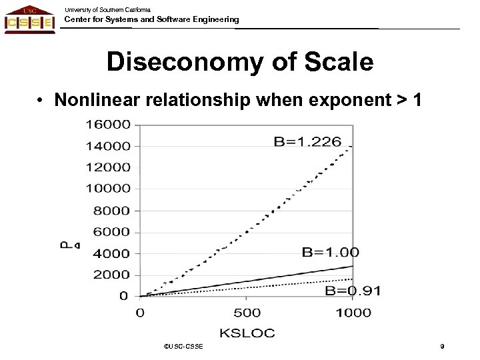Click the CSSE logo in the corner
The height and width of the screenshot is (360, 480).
point(29,19)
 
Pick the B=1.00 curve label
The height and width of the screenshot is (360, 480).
point(331,251)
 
